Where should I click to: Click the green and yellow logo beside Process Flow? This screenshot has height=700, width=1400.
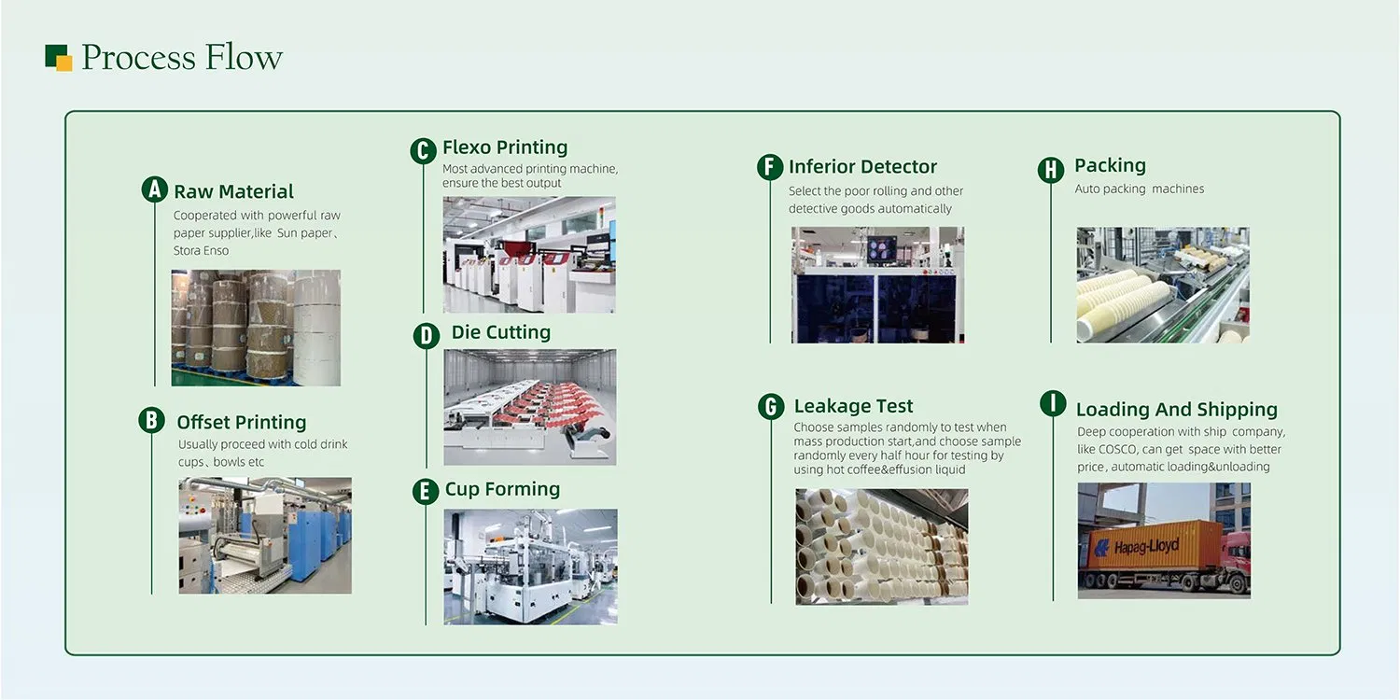pos(59,57)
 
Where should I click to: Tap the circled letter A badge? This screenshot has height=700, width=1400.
pos(154,189)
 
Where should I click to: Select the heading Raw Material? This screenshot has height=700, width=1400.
pos(233,191)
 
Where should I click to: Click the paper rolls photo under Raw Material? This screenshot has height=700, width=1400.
pos(256,328)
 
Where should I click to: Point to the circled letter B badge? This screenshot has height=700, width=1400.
pos(151,420)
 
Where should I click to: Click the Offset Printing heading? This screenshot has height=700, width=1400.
pos(241,422)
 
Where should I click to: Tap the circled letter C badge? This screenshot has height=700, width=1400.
pos(423,150)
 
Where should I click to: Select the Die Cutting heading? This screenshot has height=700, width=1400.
pos(500,332)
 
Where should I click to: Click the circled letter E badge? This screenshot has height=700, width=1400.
pos(426,491)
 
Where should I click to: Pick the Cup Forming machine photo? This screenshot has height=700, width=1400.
pos(530,566)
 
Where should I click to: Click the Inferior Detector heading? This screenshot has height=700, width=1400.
pos(862,167)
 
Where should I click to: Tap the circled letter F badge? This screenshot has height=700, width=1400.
pos(769,167)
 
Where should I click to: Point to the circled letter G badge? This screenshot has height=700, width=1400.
pos(770,406)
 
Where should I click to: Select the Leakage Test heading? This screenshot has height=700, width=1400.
pos(853,406)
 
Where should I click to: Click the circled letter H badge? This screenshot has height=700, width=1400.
pos(1051,169)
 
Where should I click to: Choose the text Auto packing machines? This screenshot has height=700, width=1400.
pos(1139,189)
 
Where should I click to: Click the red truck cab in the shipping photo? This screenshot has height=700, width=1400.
pos(1235,558)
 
